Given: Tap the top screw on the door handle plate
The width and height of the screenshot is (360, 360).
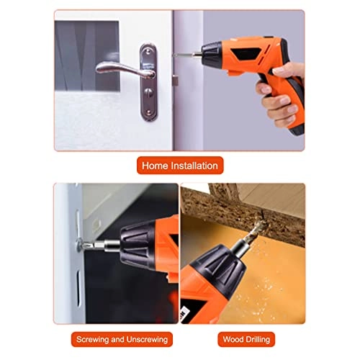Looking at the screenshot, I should pos(148,52).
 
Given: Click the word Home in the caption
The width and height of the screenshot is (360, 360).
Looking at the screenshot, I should pos(156,166).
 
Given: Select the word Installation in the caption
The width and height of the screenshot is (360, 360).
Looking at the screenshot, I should pos(194,166).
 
